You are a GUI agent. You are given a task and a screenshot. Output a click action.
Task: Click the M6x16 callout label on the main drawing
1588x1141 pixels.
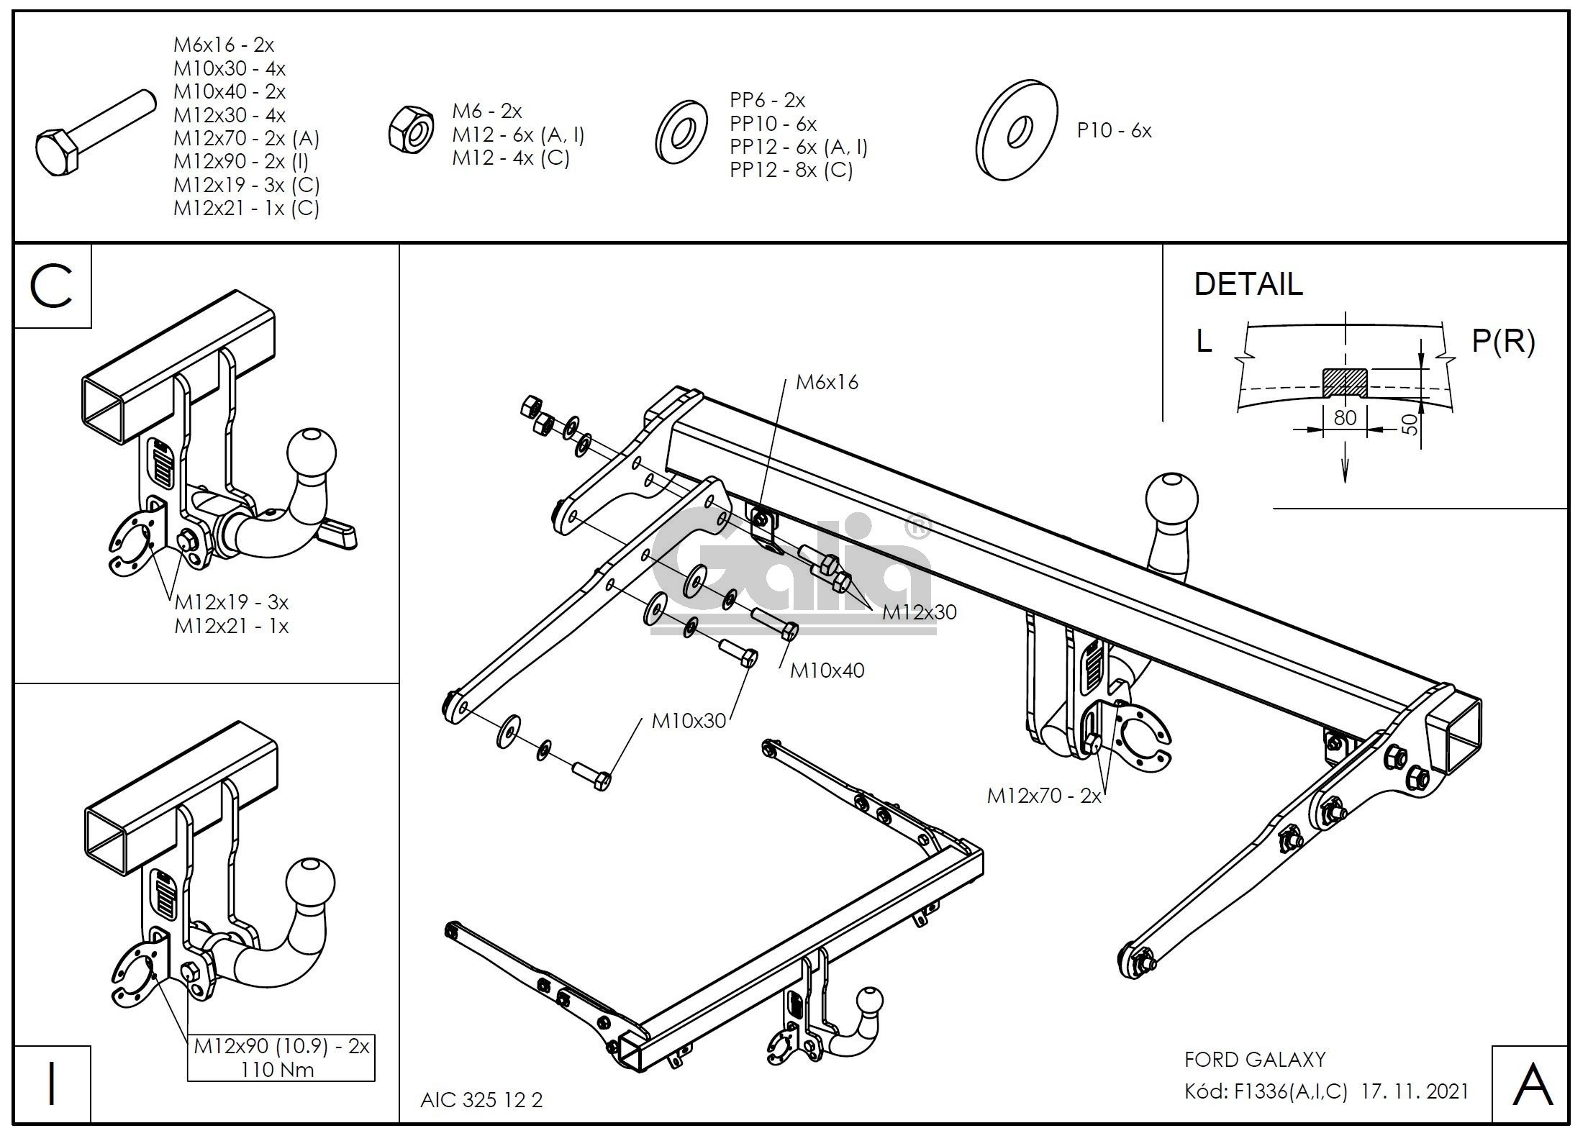pyautogui.click(x=827, y=382)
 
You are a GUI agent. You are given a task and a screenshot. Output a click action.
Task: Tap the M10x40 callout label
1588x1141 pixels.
pyautogui.click(x=827, y=670)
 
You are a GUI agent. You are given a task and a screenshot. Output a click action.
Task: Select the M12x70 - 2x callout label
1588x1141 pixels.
pyautogui.click(x=1044, y=796)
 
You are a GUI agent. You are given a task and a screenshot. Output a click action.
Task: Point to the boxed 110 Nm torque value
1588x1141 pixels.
pyautogui.click(x=278, y=1070)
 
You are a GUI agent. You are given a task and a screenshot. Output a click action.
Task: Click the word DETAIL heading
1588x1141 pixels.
pyautogui.click(x=1248, y=284)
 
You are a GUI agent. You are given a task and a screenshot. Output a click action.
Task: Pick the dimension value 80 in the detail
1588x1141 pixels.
pyautogui.click(x=1345, y=417)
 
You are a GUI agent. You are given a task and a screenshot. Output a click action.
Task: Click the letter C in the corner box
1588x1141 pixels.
pyautogui.click(x=52, y=286)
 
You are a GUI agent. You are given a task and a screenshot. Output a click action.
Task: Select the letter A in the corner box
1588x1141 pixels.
pyautogui.click(x=1532, y=1085)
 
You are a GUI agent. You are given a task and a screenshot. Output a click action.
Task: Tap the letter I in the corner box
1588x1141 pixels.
pyautogui.click(x=52, y=1086)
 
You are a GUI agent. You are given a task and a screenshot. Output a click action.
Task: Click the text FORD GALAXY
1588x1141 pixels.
pyautogui.click(x=1255, y=1060)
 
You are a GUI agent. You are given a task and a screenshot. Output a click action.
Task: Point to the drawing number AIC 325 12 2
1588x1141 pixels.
pyautogui.click(x=481, y=1100)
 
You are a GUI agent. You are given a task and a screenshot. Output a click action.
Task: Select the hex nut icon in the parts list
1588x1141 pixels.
pyautogui.click(x=411, y=129)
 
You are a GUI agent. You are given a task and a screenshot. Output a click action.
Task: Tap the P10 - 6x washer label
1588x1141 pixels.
pyautogui.click(x=1114, y=131)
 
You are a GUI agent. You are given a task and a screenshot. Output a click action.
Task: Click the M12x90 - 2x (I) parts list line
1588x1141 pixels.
pyautogui.click(x=240, y=161)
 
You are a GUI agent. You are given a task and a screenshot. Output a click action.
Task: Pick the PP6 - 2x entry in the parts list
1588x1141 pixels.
pyautogui.click(x=767, y=100)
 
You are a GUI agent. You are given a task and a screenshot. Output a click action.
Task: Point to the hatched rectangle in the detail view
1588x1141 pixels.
pyautogui.click(x=1345, y=381)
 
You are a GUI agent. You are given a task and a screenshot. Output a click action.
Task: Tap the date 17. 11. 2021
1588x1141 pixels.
pyautogui.click(x=1415, y=1091)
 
